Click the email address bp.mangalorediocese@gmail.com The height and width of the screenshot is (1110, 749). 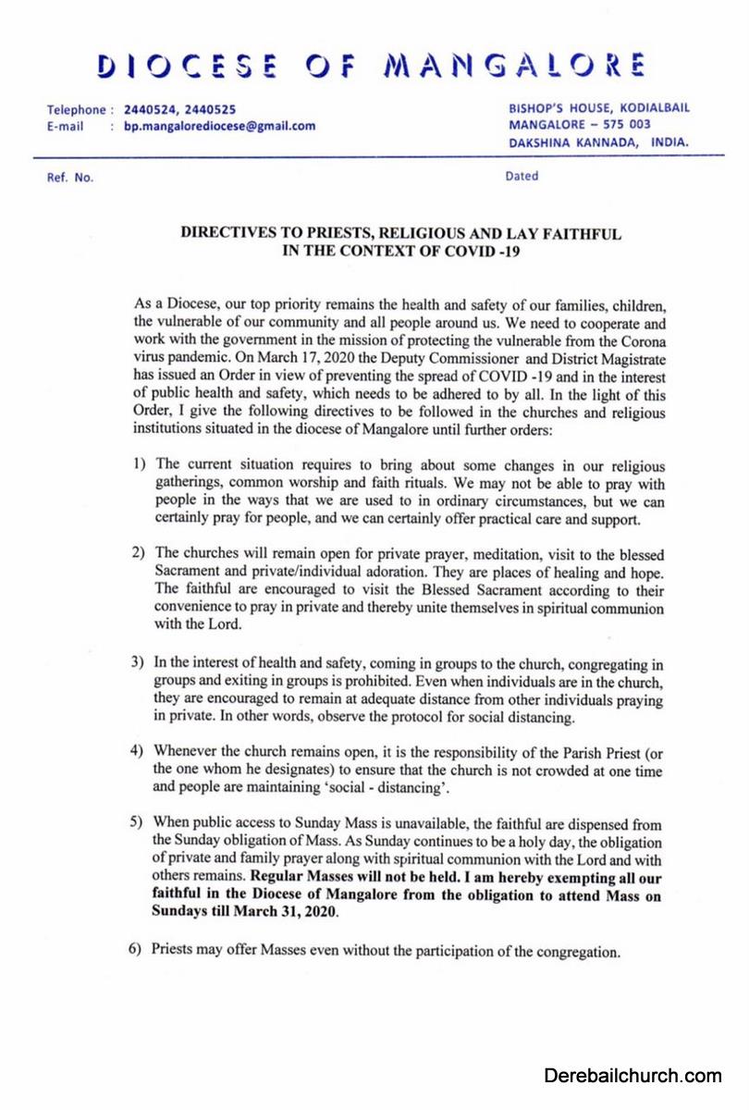[219, 126]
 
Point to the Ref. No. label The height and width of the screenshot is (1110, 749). [70, 178]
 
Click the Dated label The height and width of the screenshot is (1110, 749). [522, 177]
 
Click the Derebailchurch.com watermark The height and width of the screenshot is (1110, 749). [632, 1076]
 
